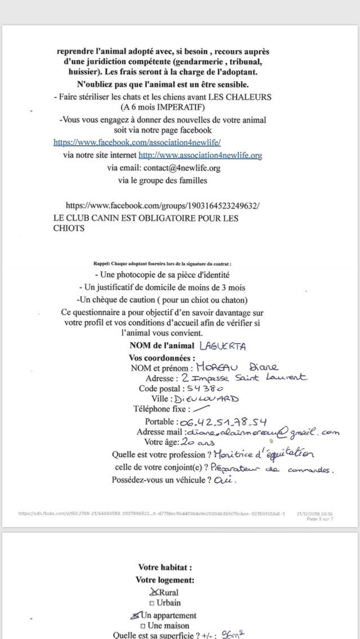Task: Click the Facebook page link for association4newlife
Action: click(137, 142)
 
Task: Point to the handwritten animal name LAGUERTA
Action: click(222, 346)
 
